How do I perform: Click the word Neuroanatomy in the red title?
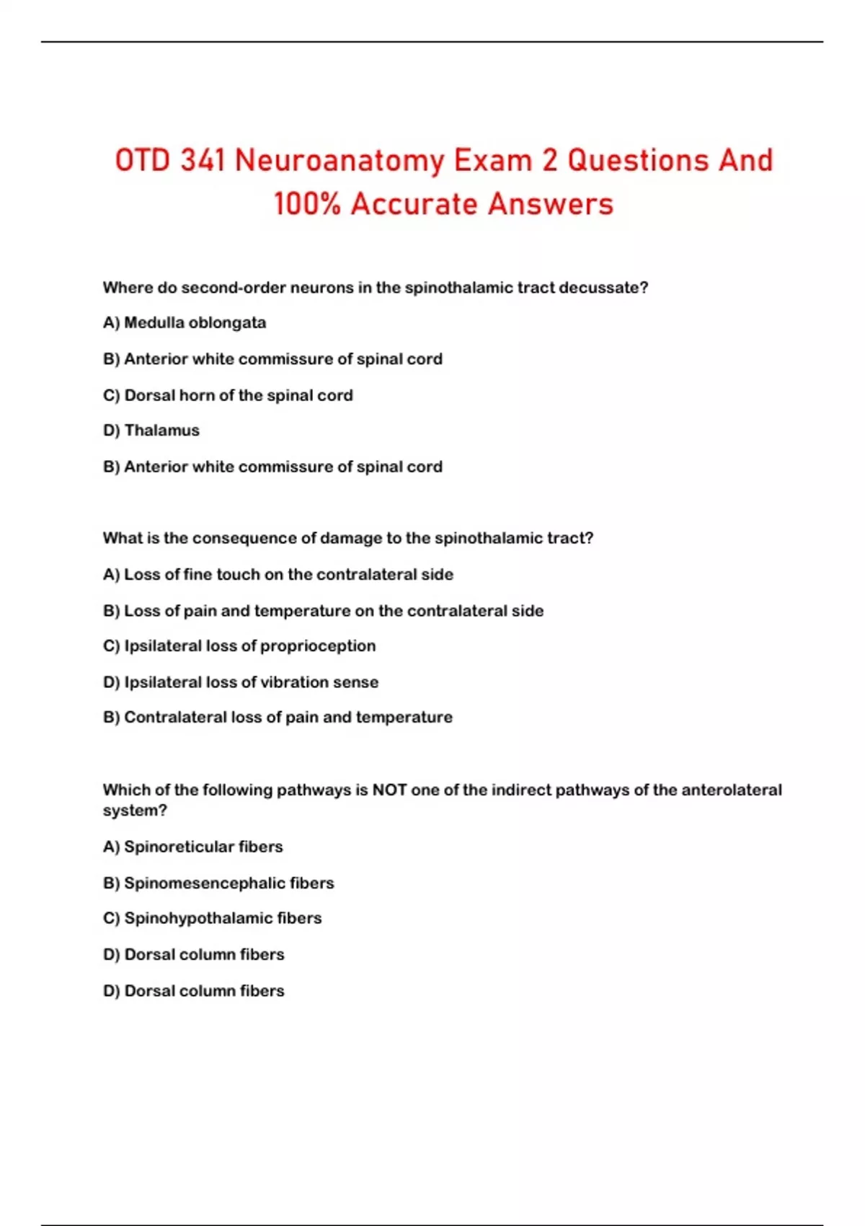click(x=339, y=161)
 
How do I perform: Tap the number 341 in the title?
click(x=203, y=161)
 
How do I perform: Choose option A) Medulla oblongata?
click(x=185, y=322)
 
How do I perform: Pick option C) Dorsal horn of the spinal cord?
click(x=228, y=395)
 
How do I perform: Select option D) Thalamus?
click(x=151, y=431)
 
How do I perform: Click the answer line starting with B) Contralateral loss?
click(x=278, y=718)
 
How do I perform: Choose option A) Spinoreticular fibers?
click(x=192, y=847)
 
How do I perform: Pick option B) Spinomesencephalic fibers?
click(x=218, y=883)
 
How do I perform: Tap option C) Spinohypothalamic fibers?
click(x=212, y=918)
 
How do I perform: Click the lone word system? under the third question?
click(x=135, y=811)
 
